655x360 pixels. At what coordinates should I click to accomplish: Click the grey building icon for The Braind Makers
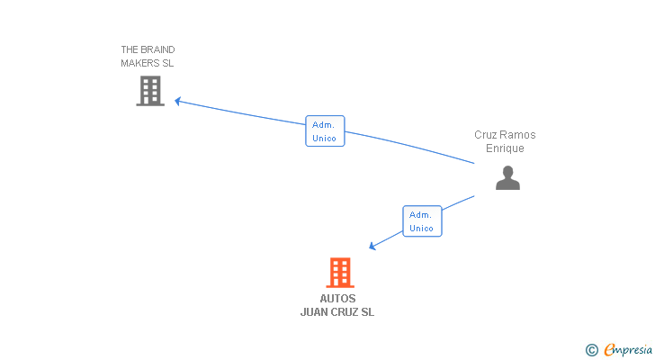(x=150, y=91)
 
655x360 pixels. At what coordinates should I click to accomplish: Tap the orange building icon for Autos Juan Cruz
(x=339, y=272)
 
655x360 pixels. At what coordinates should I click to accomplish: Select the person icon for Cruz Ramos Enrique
(x=507, y=178)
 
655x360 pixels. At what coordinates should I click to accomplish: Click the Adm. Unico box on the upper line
(x=325, y=131)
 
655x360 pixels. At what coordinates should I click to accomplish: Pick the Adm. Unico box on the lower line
(x=422, y=221)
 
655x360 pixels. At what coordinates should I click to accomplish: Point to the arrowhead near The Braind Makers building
(x=178, y=101)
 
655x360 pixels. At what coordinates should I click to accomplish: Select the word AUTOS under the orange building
(x=337, y=299)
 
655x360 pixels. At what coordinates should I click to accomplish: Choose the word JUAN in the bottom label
(x=315, y=312)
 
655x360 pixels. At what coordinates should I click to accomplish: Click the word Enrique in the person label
(x=505, y=148)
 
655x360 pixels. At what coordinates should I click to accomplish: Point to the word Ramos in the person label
(x=518, y=135)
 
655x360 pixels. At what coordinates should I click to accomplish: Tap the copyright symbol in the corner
(x=591, y=349)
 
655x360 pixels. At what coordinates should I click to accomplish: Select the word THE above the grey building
(x=130, y=49)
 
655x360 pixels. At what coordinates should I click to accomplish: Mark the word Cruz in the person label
(x=487, y=135)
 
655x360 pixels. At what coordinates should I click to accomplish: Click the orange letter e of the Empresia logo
(x=609, y=349)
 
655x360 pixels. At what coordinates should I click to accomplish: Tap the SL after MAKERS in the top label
(x=168, y=63)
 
